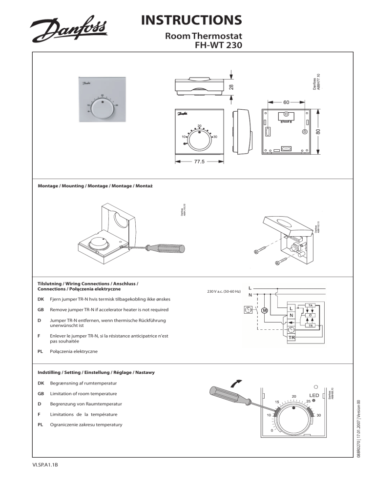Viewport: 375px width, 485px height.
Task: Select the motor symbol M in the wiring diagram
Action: tap(264, 311)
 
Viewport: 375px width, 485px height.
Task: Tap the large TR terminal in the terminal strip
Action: tap(291, 337)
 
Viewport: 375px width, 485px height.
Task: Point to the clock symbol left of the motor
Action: tap(248, 310)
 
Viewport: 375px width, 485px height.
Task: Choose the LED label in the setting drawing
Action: tap(313, 394)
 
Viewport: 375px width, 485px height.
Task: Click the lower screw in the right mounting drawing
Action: tap(280, 263)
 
